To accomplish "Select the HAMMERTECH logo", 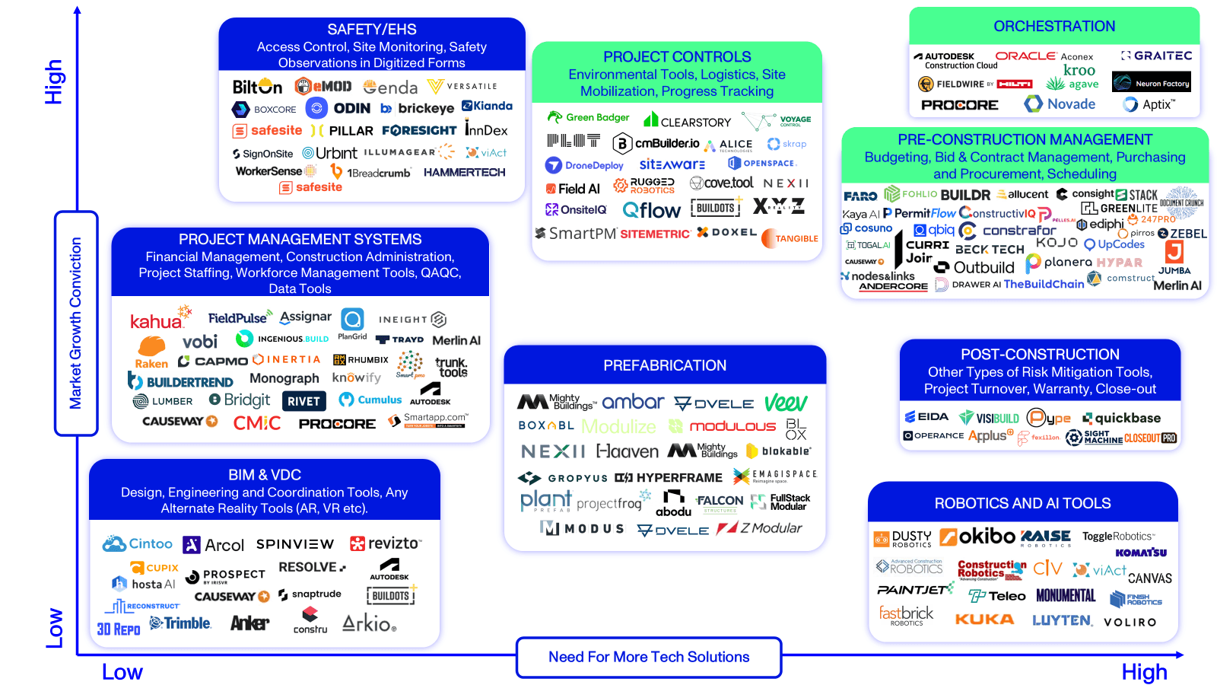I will [x=464, y=173].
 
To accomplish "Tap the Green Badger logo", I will [x=589, y=117].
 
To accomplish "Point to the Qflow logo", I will [x=651, y=210].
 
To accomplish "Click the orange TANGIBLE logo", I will [x=790, y=238].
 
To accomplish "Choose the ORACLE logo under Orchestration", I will [x=1025, y=56].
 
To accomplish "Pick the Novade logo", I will [x=1060, y=104].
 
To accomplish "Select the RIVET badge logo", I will [x=303, y=401].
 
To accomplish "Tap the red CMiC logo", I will [x=257, y=423].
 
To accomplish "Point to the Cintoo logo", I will [x=138, y=543].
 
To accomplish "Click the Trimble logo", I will [x=180, y=623].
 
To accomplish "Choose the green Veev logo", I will [x=786, y=403].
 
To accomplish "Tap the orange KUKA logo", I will [x=984, y=620].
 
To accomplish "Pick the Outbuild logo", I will [x=975, y=267].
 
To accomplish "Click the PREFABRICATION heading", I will [x=665, y=365].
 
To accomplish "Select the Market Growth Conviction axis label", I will [x=75, y=323].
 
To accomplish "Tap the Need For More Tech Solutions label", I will [x=649, y=657].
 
